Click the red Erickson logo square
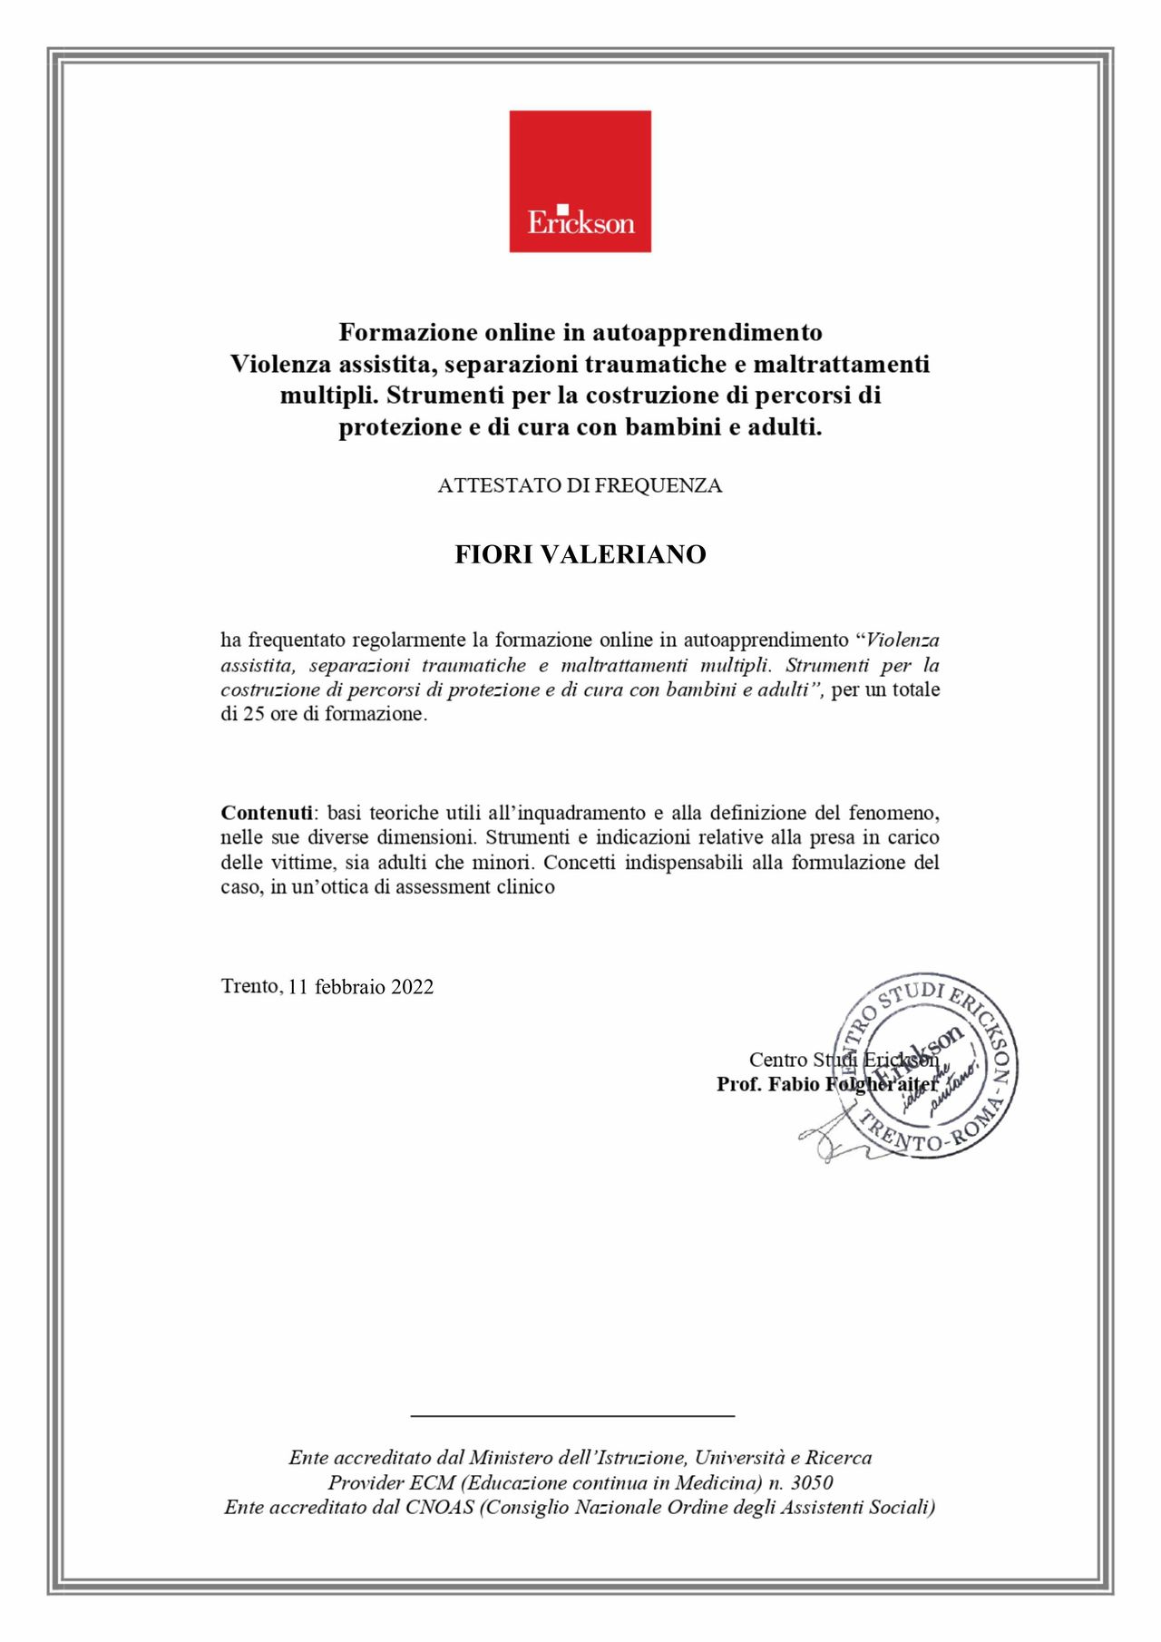580,181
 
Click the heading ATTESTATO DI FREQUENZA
580,485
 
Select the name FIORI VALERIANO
580,554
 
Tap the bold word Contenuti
267,813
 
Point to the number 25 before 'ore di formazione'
254,714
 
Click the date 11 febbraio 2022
361,987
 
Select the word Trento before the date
250,986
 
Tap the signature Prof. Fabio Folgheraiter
827,1085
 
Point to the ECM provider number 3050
812,1483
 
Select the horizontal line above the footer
572,1414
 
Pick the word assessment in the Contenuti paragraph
444,887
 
